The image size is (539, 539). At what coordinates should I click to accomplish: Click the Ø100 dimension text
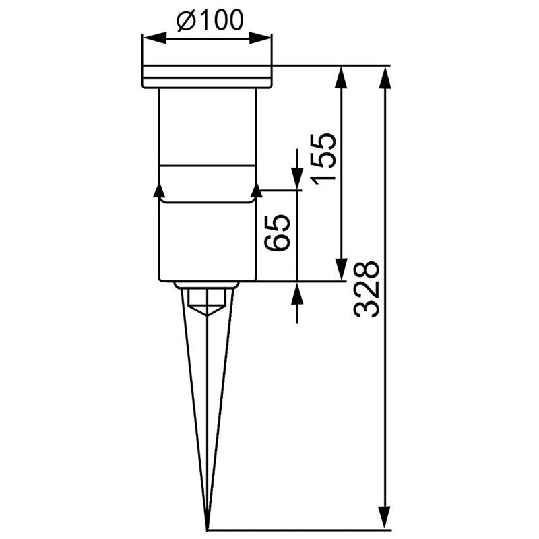point(209,21)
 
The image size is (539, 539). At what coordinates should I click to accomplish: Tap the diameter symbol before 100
point(187,22)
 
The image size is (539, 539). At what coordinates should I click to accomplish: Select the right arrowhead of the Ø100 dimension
point(266,38)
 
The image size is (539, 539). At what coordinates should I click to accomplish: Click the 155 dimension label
point(323,158)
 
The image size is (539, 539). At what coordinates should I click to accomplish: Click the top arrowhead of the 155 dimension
point(342,76)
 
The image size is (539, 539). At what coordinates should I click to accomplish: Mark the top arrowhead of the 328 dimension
point(385,76)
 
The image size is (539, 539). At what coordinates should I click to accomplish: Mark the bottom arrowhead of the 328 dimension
point(385,516)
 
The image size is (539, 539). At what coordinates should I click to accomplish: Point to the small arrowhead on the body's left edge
point(159,190)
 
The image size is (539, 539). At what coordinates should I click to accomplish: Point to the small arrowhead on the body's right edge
point(256,190)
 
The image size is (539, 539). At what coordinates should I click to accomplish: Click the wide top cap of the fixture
point(207,76)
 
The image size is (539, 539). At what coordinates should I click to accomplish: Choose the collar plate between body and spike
point(206,285)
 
